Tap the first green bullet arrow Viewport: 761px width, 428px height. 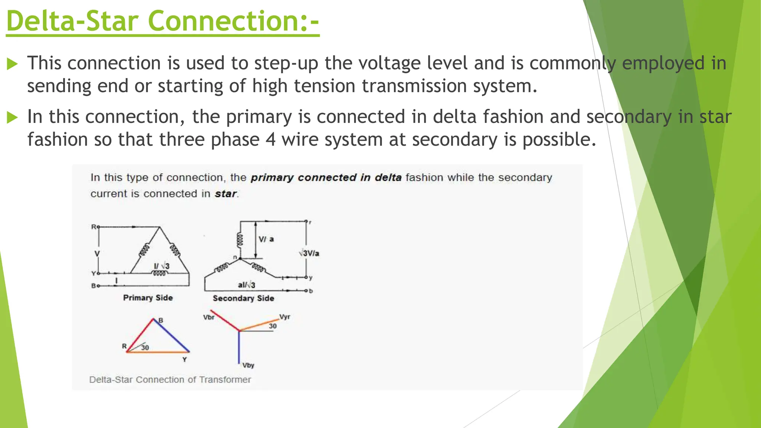[12, 64]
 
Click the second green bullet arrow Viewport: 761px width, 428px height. [12, 118]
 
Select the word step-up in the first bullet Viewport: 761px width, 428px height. [286, 63]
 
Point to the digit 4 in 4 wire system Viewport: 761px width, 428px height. [271, 140]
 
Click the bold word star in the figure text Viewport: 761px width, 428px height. [226, 194]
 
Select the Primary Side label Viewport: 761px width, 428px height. [148, 298]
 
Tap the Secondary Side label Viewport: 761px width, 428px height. [243, 298]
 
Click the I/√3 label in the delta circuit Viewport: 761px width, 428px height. [162, 266]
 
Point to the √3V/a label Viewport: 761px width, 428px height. [309, 253]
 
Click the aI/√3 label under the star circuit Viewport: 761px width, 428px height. [246, 285]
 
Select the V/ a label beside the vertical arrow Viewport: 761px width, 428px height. [266, 239]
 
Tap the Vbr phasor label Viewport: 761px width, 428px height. [208, 317]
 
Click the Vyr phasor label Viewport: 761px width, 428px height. [285, 317]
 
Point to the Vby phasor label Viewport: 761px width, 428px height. [248, 365]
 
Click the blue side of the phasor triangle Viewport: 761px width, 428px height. [172, 335]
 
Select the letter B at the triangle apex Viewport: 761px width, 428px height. [161, 320]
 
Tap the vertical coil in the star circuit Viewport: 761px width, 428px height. [240, 240]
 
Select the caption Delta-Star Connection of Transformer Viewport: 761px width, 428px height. [170, 380]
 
